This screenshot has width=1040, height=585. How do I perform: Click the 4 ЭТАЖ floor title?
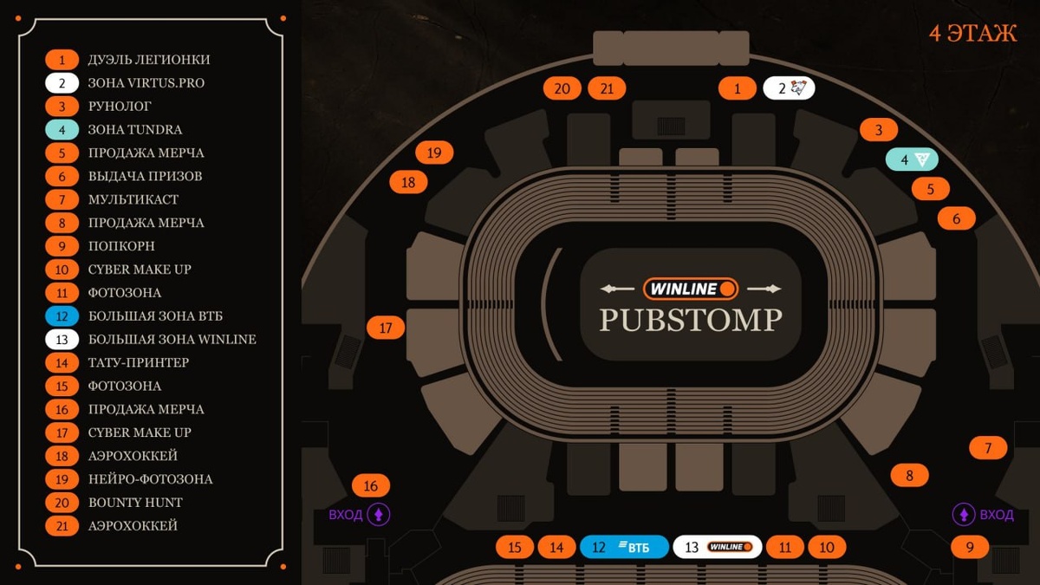(972, 34)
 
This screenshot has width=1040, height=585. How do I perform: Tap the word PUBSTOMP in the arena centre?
(691, 320)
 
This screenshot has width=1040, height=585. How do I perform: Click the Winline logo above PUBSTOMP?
(691, 288)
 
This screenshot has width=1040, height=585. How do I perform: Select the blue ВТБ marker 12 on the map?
(624, 547)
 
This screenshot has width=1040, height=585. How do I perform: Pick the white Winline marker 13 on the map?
(718, 547)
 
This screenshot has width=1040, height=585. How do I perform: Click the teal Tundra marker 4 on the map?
(912, 159)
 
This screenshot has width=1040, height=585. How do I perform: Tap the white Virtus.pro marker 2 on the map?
(789, 88)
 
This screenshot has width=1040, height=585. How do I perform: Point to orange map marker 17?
(386, 328)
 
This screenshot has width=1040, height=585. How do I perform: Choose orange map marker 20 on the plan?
(562, 88)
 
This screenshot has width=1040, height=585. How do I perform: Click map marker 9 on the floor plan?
(970, 547)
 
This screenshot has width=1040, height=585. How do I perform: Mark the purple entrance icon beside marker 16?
(379, 515)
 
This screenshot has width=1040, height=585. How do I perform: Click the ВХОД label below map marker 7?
(997, 515)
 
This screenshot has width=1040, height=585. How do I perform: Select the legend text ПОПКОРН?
(121, 246)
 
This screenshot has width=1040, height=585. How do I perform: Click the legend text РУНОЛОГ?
(120, 107)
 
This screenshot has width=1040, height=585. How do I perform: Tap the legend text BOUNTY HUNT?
(135, 503)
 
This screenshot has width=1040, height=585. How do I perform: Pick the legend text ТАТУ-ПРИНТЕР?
(139, 362)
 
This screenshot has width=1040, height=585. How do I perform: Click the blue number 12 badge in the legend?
(62, 316)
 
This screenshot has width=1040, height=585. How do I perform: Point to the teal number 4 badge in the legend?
(62, 130)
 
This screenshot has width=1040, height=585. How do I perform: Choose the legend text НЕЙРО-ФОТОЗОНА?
(150, 479)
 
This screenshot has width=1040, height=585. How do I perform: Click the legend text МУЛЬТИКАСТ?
(133, 199)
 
